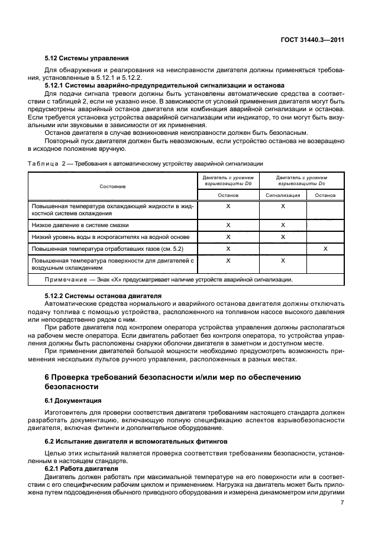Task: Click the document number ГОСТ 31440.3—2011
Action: (312, 40)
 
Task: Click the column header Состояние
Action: (112, 186)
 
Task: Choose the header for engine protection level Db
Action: (228, 180)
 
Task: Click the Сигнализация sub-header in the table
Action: (282, 195)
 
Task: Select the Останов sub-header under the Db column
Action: (228, 195)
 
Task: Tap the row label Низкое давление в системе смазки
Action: (80, 225)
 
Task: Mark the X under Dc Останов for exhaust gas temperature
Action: (325, 249)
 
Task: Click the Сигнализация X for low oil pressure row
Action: (282, 225)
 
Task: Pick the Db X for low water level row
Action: (228, 237)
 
